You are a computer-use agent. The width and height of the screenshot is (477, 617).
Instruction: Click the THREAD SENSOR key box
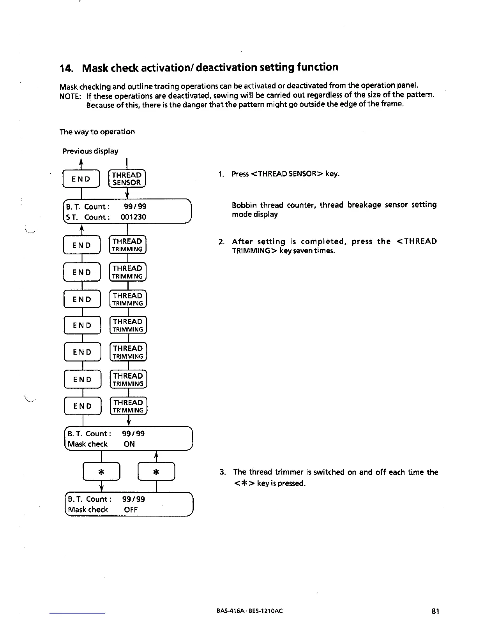coord(127,179)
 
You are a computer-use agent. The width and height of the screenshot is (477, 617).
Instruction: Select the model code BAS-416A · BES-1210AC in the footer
coord(249,611)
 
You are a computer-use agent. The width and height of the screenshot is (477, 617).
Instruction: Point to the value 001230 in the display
coord(133,217)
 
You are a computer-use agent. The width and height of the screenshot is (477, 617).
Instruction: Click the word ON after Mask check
coord(129,444)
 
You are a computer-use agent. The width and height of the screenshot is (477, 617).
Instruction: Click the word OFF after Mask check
coord(131,509)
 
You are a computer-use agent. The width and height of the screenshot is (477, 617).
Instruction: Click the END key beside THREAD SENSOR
coord(81,179)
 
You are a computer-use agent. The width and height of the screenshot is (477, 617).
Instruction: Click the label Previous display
coord(90,151)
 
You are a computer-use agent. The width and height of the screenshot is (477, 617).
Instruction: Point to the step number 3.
coord(223,472)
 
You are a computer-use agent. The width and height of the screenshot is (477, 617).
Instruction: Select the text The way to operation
coord(97,132)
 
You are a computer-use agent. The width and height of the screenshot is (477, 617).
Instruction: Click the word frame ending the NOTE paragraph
coord(392,105)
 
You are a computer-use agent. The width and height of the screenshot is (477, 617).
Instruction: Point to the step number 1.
coord(221,174)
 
